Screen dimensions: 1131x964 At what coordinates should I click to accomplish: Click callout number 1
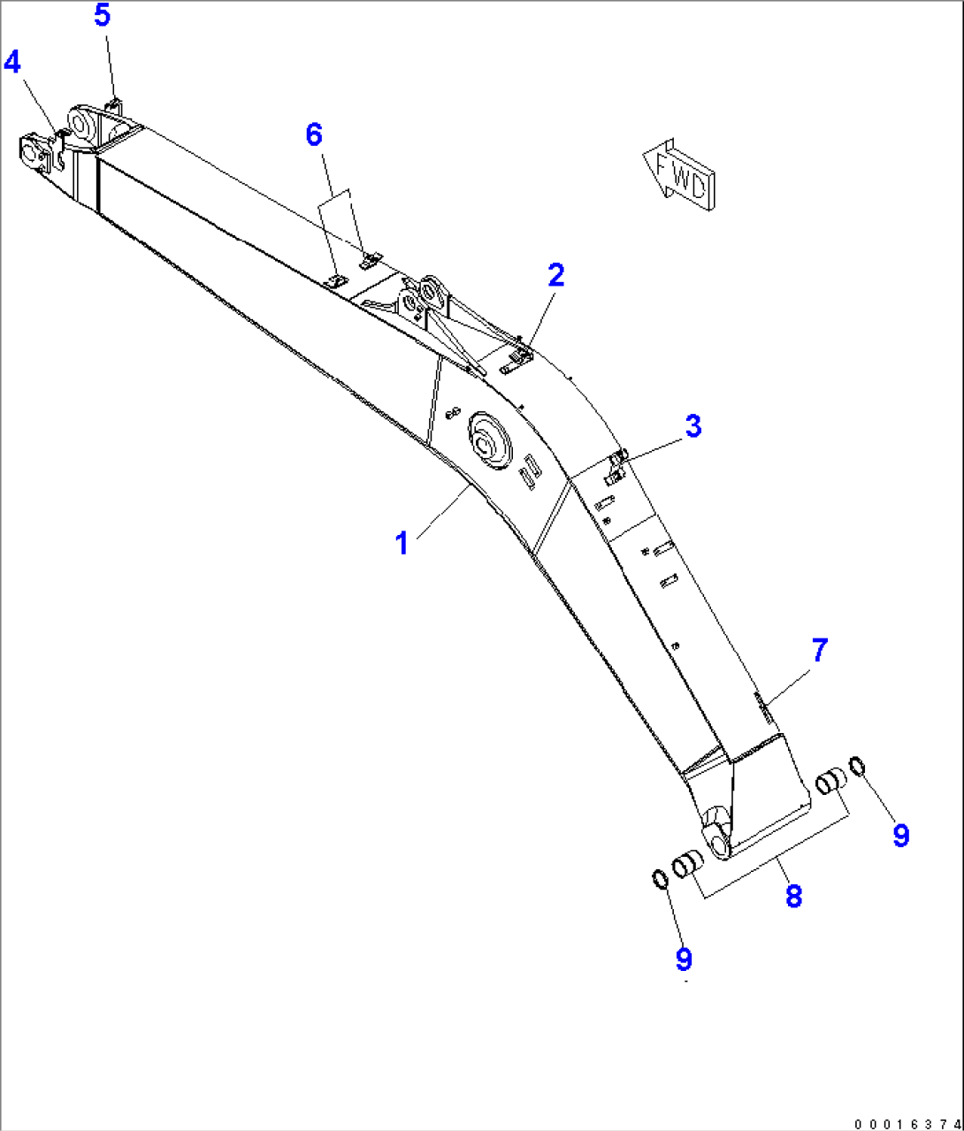pyautogui.click(x=402, y=543)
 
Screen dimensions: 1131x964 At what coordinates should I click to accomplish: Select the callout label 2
pyautogui.click(x=555, y=276)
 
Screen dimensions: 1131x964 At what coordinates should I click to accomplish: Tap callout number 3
pyautogui.click(x=693, y=425)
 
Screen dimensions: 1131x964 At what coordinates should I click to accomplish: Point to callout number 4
pyautogui.click(x=12, y=62)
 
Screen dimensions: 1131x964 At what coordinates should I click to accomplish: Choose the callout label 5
pyautogui.click(x=103, y=16)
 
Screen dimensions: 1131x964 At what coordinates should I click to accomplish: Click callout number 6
pyautogui.click(x=314, y=135)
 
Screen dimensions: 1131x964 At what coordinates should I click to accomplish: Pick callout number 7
pyautogui.click(x=820, y=650)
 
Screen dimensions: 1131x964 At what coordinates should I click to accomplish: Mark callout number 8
pyautogui.click(x=793, y=896)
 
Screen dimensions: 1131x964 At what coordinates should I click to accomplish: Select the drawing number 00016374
pyautogui.click(x=906, y=1123)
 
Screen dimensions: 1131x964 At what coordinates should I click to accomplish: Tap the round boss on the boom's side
pyautogui.click(x=489, y=441)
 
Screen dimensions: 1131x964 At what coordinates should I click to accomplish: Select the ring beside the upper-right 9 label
pyautogui.click(x=857, y=764)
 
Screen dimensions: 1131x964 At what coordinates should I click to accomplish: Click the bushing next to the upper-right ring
pyautogui.click(x=830, y=782)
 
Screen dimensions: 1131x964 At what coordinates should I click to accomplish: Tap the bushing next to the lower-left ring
pyautogui.click(x=687, y=864)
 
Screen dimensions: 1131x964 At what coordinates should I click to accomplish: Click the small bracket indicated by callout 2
pyautogui.click(x=518, y=358)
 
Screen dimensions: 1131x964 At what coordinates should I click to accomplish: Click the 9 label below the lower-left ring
pyautogui.click(x=683, y=959)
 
